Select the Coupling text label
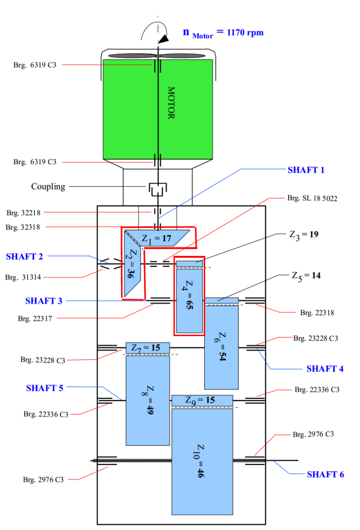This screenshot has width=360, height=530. [48, 186]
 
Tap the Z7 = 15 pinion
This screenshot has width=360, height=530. [147, 348]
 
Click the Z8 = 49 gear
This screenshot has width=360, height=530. [148, 400]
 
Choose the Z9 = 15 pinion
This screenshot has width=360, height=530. [202, 400]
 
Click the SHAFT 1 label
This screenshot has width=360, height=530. [306, 170]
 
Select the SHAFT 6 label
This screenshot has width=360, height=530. [325, 474]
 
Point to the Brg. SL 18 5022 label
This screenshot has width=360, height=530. [312, 198]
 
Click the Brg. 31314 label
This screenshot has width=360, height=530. [23, 277]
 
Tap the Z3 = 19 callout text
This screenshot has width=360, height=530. [304, 234]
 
